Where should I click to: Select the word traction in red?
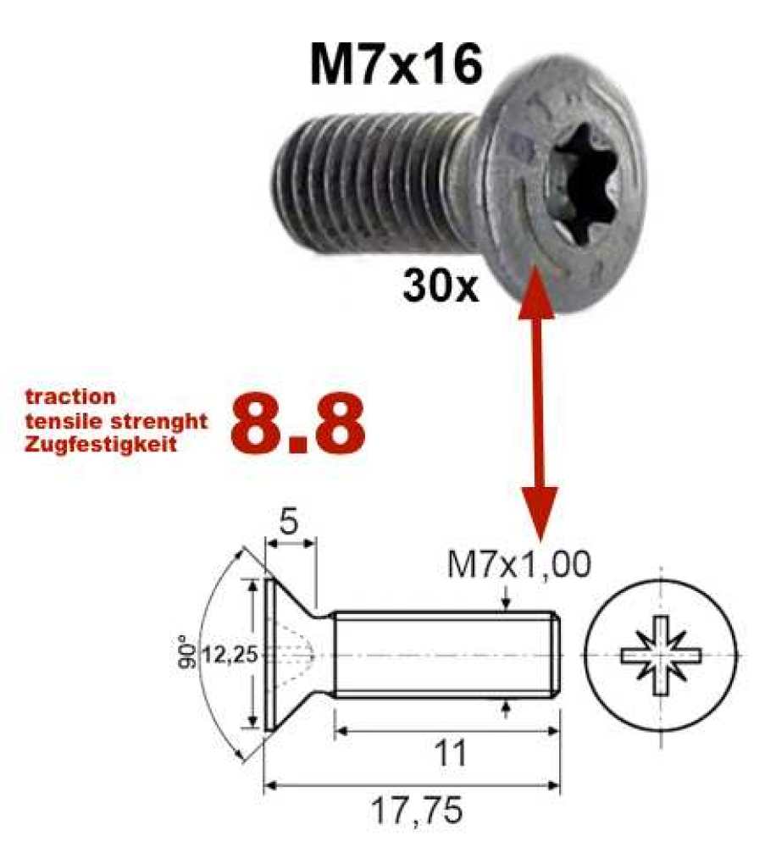tap(69, 396)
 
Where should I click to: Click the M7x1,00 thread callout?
tap(518, 564)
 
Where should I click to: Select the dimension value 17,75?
tap(418, 811)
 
